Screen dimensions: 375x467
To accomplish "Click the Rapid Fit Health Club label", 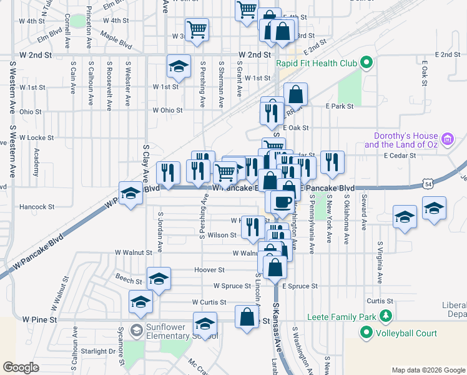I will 317,63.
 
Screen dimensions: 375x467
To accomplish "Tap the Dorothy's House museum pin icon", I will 447,139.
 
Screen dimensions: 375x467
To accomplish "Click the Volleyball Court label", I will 406,333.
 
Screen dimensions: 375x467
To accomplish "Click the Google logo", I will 21,367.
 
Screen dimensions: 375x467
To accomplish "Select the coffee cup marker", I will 282,201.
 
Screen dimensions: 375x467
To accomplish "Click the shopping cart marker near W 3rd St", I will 197,29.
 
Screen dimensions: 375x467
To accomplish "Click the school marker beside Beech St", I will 159,278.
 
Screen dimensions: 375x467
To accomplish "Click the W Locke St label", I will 36,137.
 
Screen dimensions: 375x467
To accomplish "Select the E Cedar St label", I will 399,155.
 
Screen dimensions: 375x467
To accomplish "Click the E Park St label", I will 339,106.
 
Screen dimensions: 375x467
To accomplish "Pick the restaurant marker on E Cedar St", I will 332,162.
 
